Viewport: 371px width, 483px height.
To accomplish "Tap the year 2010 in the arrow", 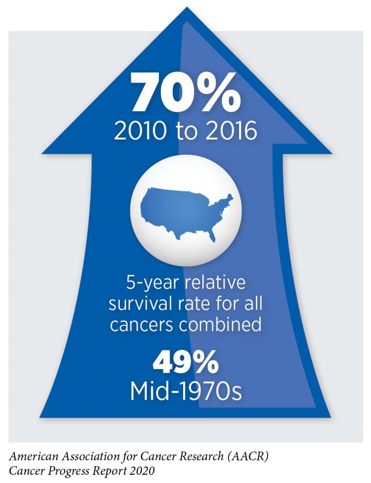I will (137, 131).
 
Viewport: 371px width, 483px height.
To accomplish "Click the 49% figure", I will (185, 364).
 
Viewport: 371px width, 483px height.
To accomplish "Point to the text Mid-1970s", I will (185, 391).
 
